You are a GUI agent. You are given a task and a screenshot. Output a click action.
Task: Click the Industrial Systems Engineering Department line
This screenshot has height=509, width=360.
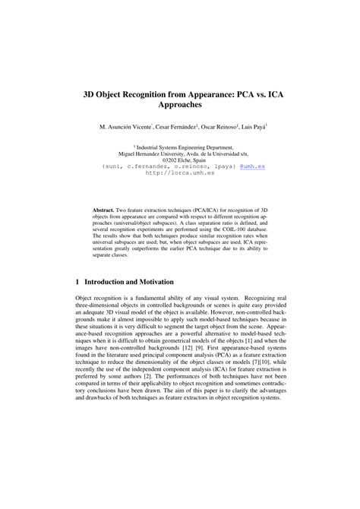click(x=181, y=149)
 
